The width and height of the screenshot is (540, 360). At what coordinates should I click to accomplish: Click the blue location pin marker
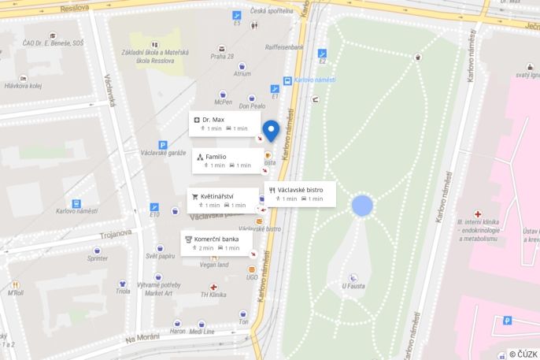point(271,130)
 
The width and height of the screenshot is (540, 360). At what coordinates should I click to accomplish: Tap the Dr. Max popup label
point(224,124)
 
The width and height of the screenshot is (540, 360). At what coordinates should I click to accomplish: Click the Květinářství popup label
point(223,200)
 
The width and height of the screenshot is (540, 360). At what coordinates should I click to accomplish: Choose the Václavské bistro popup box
point(300,194)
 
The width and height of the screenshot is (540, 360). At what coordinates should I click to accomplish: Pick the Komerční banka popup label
point(216,243)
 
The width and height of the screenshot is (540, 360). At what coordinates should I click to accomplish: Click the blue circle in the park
point(361,206)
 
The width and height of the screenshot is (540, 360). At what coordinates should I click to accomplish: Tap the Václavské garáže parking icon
point(163,145)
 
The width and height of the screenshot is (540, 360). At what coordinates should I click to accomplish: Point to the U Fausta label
point(353,287)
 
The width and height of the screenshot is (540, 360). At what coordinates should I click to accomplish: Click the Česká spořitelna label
point(271,11)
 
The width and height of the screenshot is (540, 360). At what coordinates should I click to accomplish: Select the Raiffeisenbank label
point(285,46)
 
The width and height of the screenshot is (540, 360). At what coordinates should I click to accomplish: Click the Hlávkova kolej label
point(24,87)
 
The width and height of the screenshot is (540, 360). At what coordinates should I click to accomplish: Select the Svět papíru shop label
point(160,257)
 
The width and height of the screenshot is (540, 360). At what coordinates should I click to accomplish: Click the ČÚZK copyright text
point(523,354)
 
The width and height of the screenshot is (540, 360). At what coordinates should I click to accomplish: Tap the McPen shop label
point(224,102)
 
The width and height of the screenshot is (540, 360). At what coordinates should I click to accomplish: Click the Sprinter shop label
point(98,258)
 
